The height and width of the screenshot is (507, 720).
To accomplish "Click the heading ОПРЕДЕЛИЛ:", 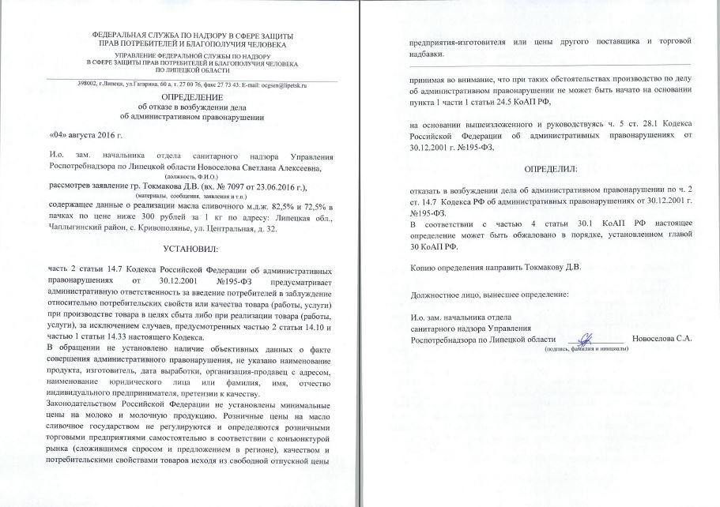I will click(551, 169).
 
